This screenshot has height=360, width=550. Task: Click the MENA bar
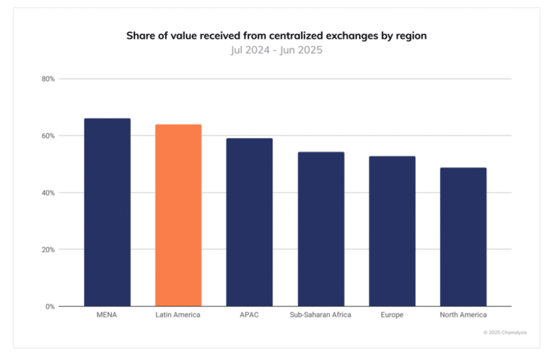[x=107, y=212]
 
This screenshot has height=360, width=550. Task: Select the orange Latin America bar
[x=178, y=215]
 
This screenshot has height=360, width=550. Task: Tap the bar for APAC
[x=249, y=222]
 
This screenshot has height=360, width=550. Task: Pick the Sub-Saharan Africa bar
[x=321, y=229]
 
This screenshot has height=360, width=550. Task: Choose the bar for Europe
[x=392, y=231]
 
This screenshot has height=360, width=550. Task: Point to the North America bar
[x=463, y=236]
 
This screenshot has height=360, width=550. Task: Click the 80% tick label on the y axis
[x=49, y=79]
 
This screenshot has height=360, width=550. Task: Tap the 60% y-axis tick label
[x=49, y=136]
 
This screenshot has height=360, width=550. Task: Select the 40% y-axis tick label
[x=49, y=193]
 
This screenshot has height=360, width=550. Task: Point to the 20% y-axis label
[x=49, y=250]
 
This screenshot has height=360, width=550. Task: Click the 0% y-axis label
[x=50, y=307]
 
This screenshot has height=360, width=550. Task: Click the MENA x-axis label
[x=107, y=315]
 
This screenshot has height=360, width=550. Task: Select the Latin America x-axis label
[x=178, y=315]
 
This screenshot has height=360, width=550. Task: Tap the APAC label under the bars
[x=249, y=315]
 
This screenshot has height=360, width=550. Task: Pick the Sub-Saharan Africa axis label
[x=321, y=315]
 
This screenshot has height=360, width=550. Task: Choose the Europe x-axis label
[x=392, y=315]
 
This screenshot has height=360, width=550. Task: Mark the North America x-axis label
[x=463, y=315]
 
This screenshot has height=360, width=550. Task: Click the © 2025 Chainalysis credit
[x=505, y=333]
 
